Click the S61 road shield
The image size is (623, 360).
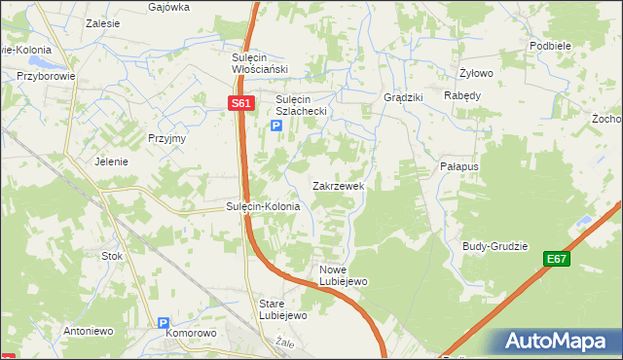(242, 102)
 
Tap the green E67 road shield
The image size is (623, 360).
(557, 259)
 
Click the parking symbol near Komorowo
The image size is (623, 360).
(164, 322)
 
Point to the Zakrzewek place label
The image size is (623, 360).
(338, 185)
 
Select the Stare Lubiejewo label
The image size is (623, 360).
(283, 309)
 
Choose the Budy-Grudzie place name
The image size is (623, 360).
(495, 246)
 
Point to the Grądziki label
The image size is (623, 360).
(403, 97)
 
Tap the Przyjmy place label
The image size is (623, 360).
(166, 138)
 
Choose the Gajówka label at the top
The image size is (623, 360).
(168, 6)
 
